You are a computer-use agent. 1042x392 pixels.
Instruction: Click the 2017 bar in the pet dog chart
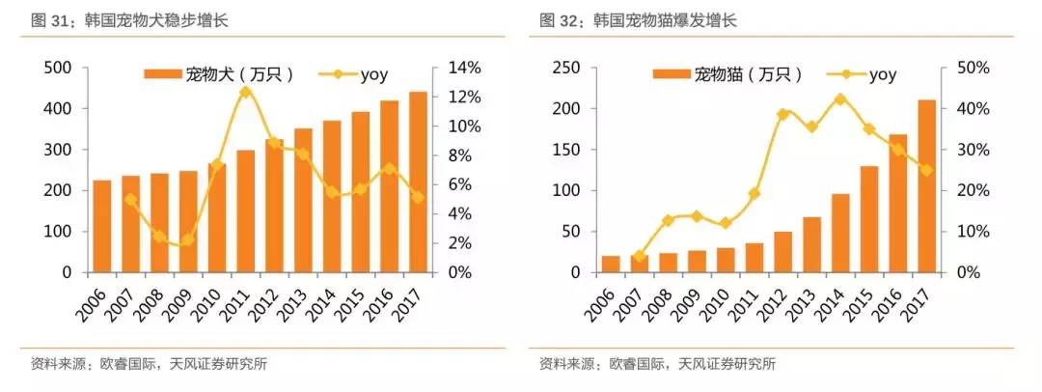coord(418,183)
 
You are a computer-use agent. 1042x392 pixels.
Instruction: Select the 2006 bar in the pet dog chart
coord(102,227)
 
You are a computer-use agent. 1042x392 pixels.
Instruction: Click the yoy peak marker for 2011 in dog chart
coord(245,92)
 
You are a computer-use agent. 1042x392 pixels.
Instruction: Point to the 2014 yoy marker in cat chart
coord(840,99)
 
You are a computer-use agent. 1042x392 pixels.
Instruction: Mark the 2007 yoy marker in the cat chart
coord(639,257)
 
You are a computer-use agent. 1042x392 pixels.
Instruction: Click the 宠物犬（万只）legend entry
coord(219,73)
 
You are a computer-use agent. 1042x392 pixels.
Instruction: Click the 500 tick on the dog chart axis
coord(58,68)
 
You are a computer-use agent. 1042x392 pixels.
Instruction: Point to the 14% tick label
coord(463,68)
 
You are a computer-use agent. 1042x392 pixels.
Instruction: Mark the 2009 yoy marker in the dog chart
coord(188,239)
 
